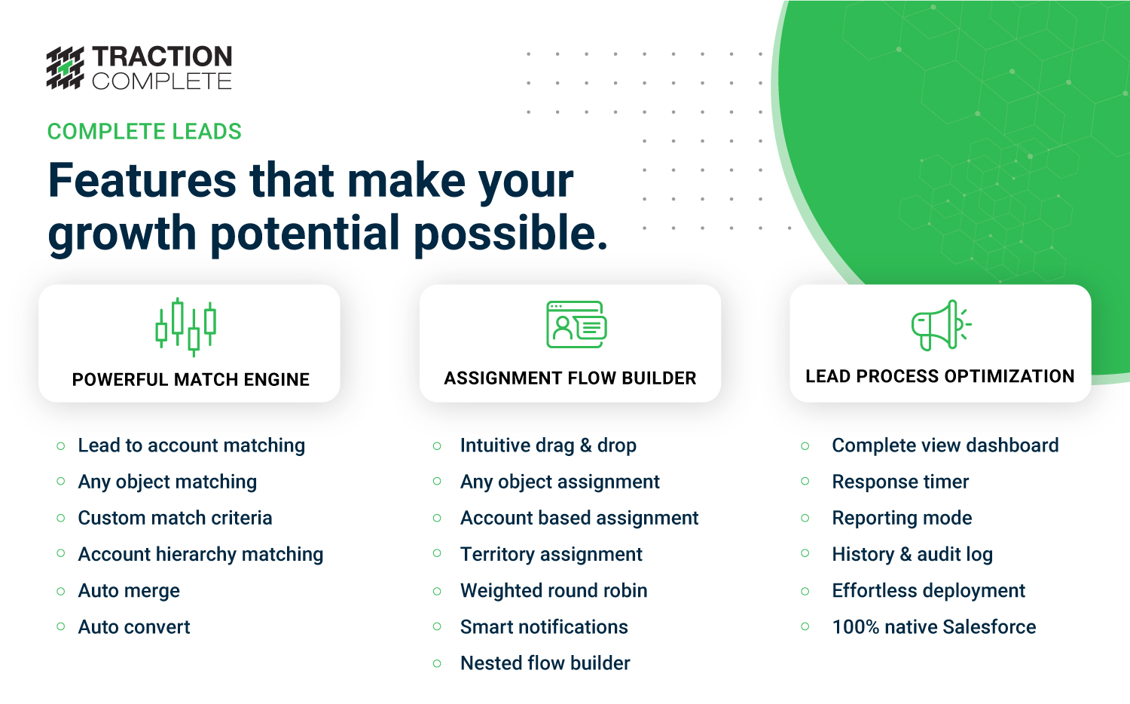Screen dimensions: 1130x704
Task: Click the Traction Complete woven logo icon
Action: point(65,68)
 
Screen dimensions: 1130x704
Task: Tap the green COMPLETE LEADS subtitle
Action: point(145,132)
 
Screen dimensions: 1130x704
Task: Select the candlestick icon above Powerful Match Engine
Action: point(185,328)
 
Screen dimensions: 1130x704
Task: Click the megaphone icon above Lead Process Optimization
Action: point(942,325)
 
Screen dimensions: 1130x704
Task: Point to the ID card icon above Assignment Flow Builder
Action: point(576,325)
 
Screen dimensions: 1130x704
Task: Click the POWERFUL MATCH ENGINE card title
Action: point(191,379)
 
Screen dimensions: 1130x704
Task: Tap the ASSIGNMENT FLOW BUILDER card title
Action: point(570,378)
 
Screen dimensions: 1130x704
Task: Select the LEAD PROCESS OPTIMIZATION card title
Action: point(940,376)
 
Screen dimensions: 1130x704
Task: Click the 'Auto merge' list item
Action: point(129,591)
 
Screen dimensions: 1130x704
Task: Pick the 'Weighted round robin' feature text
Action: point(554,590)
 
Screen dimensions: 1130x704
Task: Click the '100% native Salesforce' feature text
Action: point(934,627)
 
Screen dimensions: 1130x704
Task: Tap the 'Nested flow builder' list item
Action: point(545,663)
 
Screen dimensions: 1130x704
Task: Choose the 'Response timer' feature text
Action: point(900,482)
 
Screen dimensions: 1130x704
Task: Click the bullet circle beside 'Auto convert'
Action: point(61,627)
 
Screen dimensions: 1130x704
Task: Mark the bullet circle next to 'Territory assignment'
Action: point(438,554)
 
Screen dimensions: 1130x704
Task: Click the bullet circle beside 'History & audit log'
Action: point(805,554)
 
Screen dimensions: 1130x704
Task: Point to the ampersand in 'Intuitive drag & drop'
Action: point(585,445)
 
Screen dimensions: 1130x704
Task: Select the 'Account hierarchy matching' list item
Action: point(201,555)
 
